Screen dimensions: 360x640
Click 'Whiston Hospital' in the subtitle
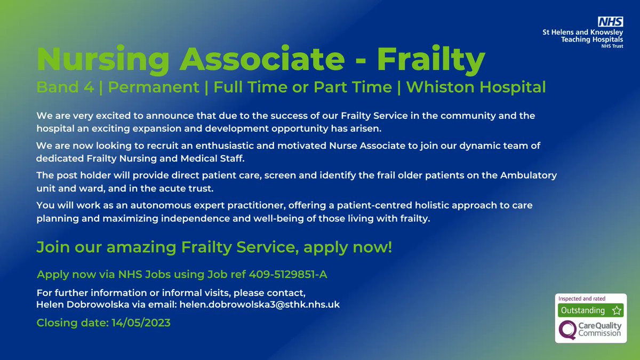[x=476, y=87]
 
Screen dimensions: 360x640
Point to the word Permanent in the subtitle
[x=153, y=87]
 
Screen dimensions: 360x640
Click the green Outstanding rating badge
[x=582, y=310]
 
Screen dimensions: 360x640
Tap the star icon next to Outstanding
[x=617, y=310]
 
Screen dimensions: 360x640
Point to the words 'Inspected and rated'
[x=581, y=299]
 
